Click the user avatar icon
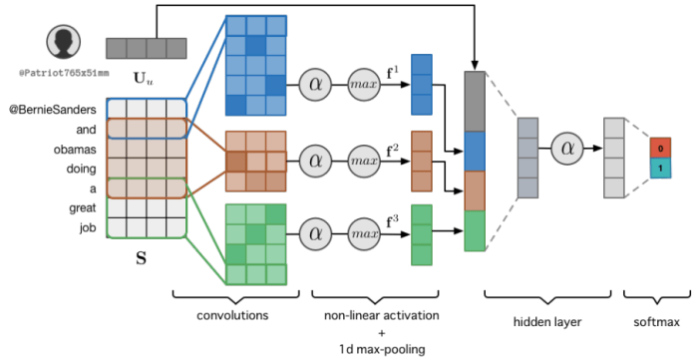coord(63,44)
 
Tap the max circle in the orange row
coord(365,158)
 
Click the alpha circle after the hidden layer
coord(568,149)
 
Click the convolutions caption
coord(235,315)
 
